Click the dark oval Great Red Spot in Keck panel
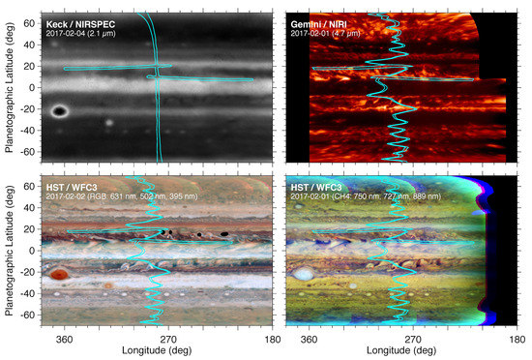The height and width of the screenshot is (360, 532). click(60, 111)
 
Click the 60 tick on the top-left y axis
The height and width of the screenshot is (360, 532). click(33, 21)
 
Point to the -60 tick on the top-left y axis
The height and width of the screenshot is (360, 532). click(31, 152)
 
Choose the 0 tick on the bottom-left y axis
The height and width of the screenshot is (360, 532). click(36, 251)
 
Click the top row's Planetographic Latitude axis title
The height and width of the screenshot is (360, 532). click(9, 87)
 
